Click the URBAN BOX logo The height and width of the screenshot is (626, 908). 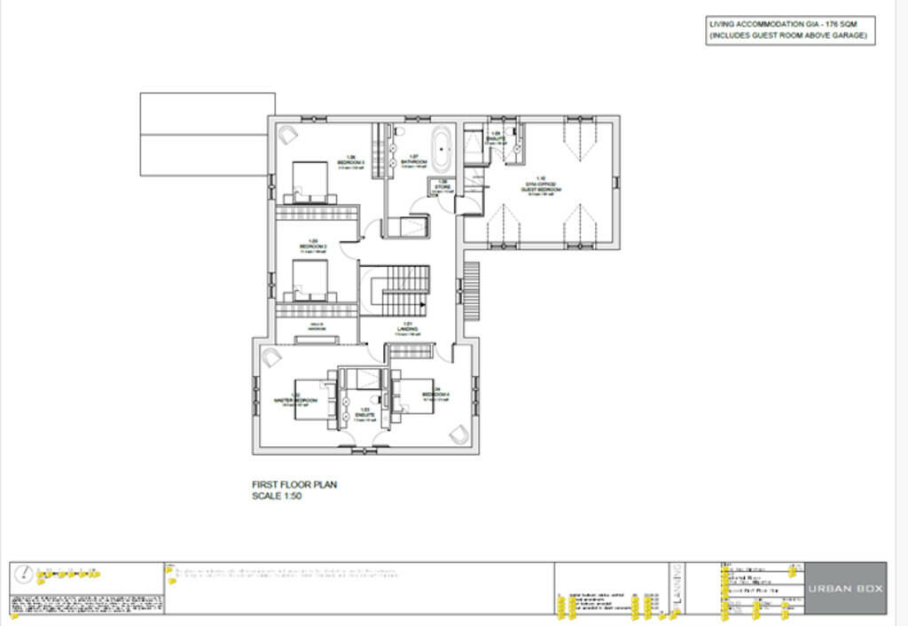pyautogui.click(x=845, y=588)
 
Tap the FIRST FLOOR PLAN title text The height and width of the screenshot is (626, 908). pyautogui.click(x=294, y=485)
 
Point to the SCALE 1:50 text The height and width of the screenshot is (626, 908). pyautogui.click(x=278, y=497)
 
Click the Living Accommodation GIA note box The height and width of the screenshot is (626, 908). pyautogui.click(x=790, y=30)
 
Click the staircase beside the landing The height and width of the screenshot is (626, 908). pyautogui.click(x=404, y=290)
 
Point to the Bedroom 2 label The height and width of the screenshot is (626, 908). pyautogui.click(x=313, y=244)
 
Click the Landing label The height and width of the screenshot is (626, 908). pyautogui.click(x=408, y=325)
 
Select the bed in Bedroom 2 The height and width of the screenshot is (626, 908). pyautogui.click(x=309, y=278)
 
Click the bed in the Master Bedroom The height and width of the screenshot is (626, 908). pyautogui.click(x=325, y=399)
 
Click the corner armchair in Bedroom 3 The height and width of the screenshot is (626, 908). pyautogui.click(x=288, y=135)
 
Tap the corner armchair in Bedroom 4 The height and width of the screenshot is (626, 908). pyautogui.click(x=458, y=434)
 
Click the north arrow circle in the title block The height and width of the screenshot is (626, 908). pyautogui.click(x=28, y=574)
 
